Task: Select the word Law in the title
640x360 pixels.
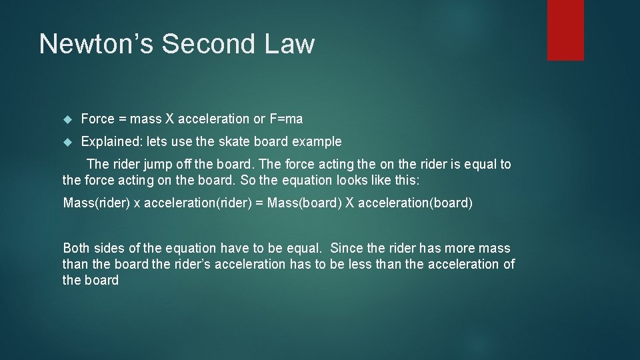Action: pyautogui.click(x=289, y=44)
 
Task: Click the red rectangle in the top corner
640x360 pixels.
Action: pyautogui.click(x=565, y=29)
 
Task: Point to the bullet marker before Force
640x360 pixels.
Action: pyautogui.click(x=67, y=119)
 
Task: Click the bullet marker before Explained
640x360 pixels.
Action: pyautogui.click(x=67, y=142)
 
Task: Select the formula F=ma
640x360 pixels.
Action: pyautogui.click(x=286, y=119)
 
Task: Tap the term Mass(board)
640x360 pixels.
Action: pyautogui.click(x=303, y=203)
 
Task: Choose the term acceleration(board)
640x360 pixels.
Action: pyautogui.click(x=415, y=203)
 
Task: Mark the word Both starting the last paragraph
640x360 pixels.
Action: pyautogui.click(x=76, y=249)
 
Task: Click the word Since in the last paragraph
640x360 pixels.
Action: pyautogui.click(x=347, y=249)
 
